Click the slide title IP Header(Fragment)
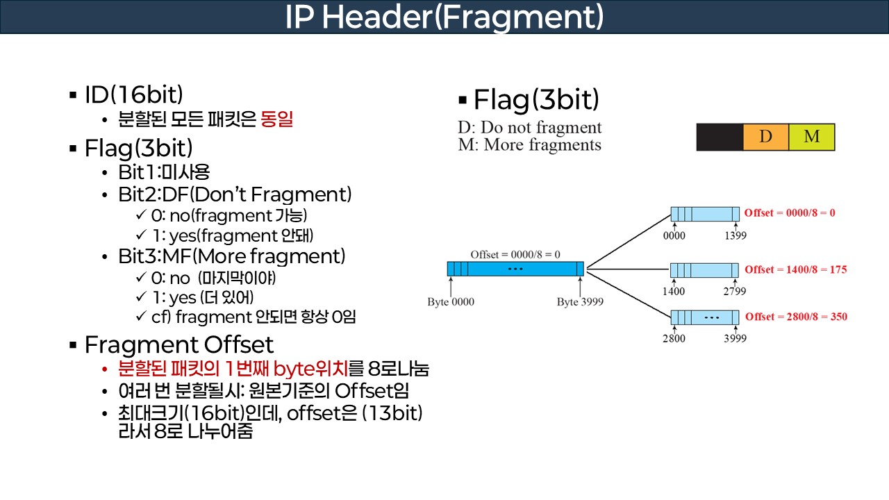(444, 17)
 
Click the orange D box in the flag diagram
(765, 137)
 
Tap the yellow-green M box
(811, 137)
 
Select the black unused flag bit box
(720, 137)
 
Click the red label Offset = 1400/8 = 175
(795, 269)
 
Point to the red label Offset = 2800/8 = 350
(795, 317)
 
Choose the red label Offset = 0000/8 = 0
(790, 212)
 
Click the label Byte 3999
(580, 302)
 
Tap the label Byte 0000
(451, 302)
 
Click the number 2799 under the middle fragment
(735, 292)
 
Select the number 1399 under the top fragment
(735, 235)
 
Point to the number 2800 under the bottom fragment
(674, 339)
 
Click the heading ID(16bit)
(133, 95)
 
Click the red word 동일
(276, 120)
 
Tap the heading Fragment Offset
(178, 344)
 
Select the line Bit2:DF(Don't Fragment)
(235, 194)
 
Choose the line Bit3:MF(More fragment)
(232, 256)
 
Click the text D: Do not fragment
(529, 128)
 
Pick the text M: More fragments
(529, 145)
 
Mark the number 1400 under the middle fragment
(674, 292)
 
